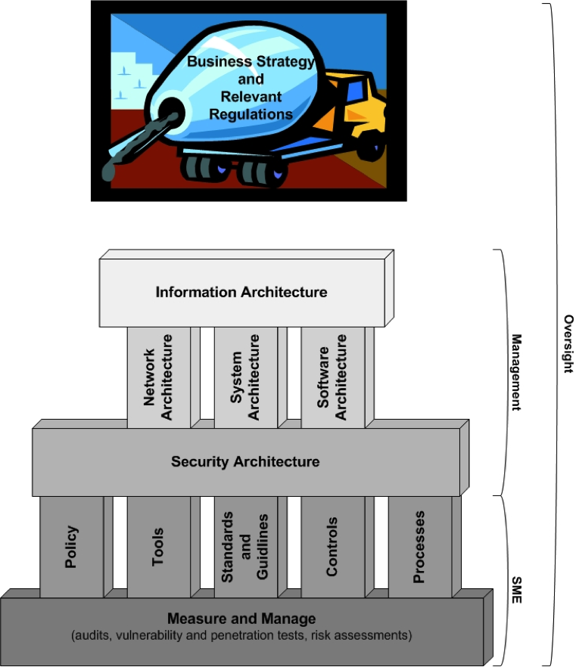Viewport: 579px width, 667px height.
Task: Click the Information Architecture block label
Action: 241,292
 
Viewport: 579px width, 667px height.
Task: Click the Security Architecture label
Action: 245,461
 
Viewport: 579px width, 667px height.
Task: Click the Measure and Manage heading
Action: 241,619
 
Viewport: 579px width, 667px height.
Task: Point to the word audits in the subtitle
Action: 92,634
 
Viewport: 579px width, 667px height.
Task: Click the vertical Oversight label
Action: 569,344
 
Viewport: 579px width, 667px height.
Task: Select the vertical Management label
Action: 516,372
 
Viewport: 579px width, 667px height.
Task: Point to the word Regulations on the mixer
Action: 251,114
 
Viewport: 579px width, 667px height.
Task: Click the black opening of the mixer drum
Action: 171,111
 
